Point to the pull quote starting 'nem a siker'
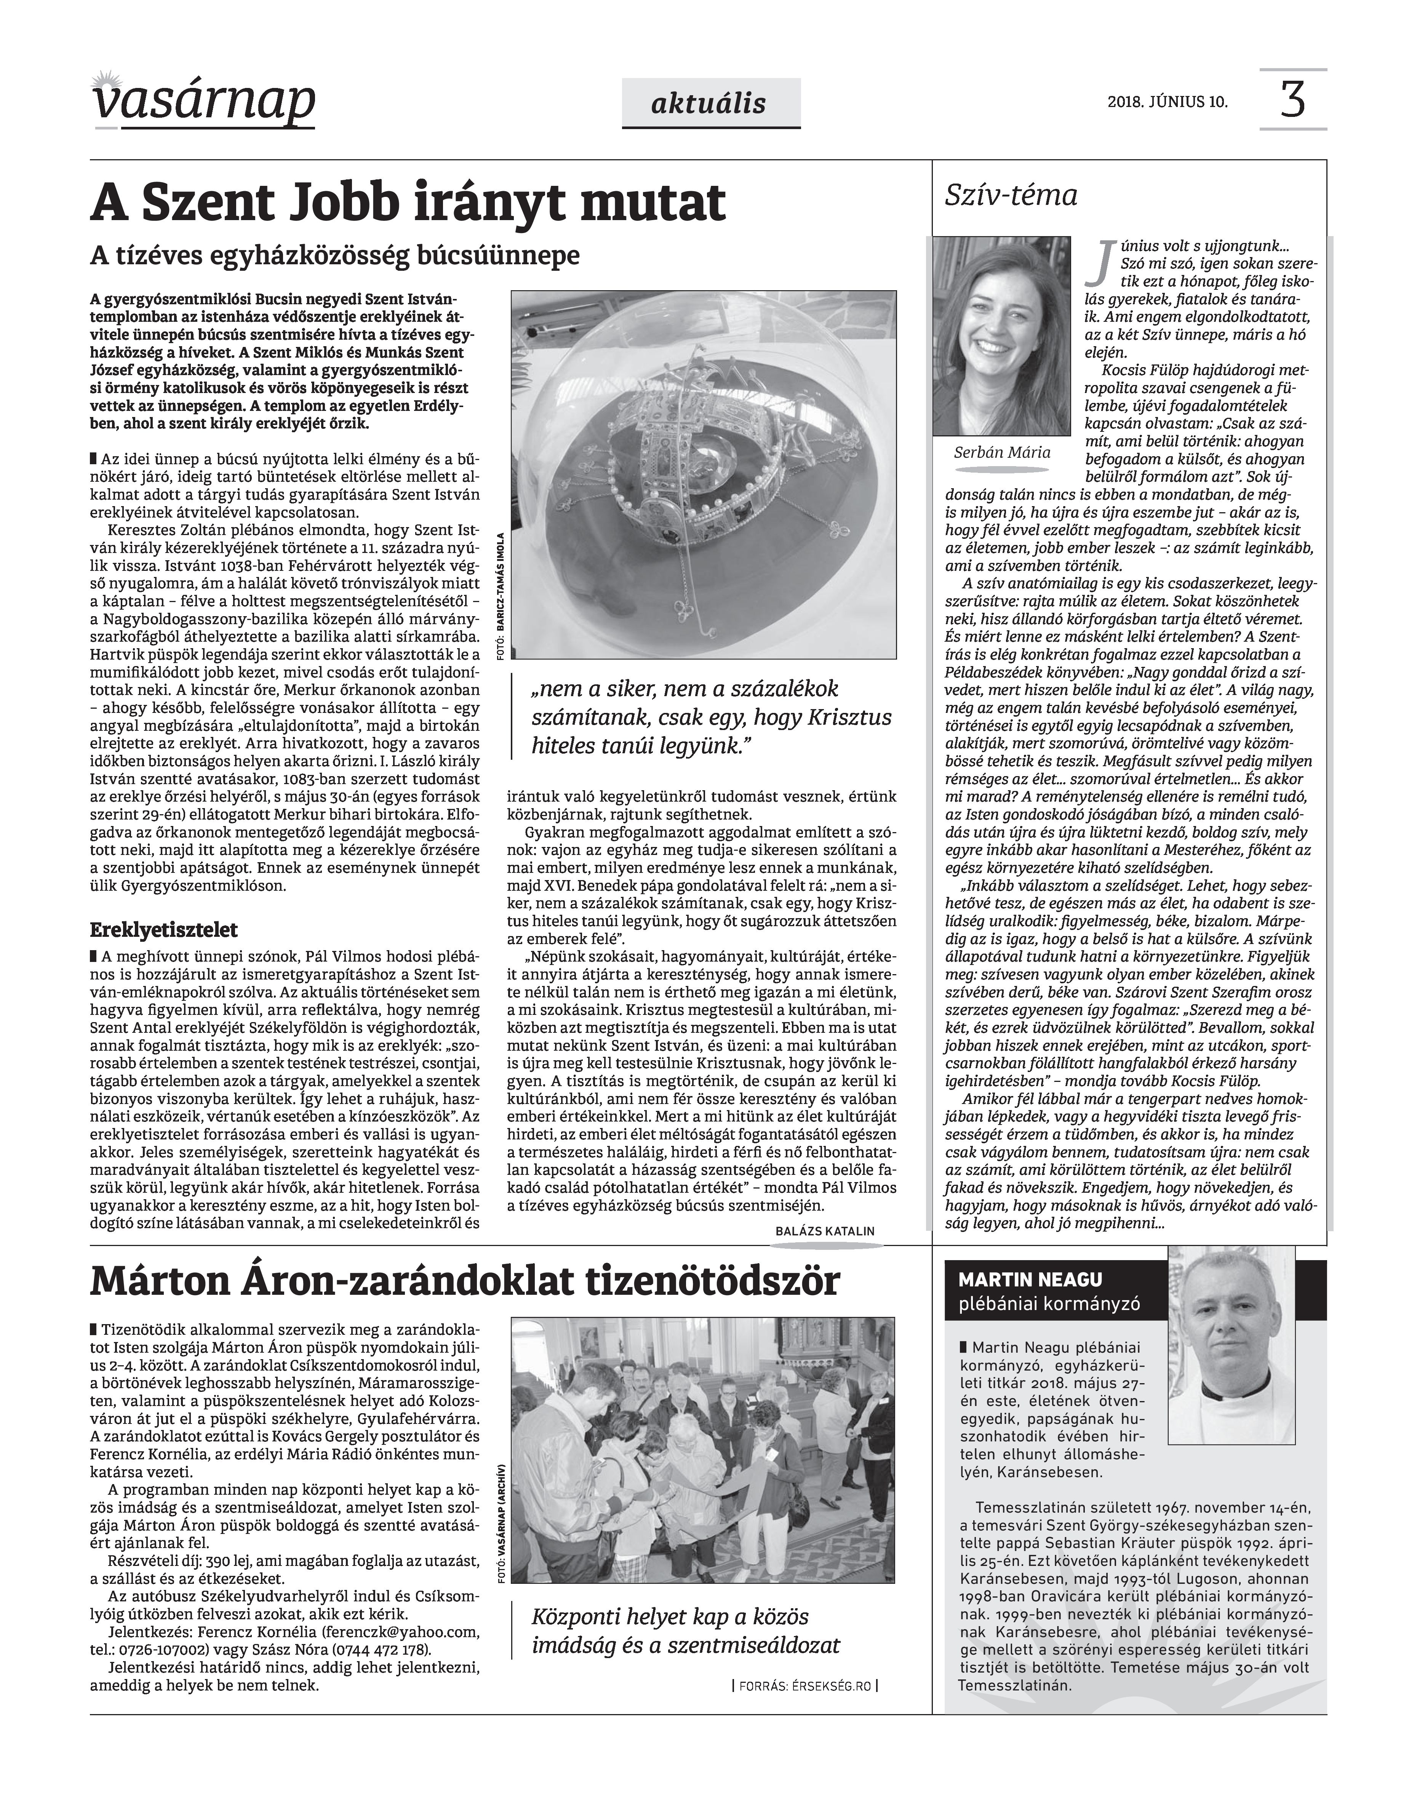pyautogui.click(x=712, y=717)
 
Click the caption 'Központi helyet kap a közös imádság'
pyautogui.click(x=685, y=1630)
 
